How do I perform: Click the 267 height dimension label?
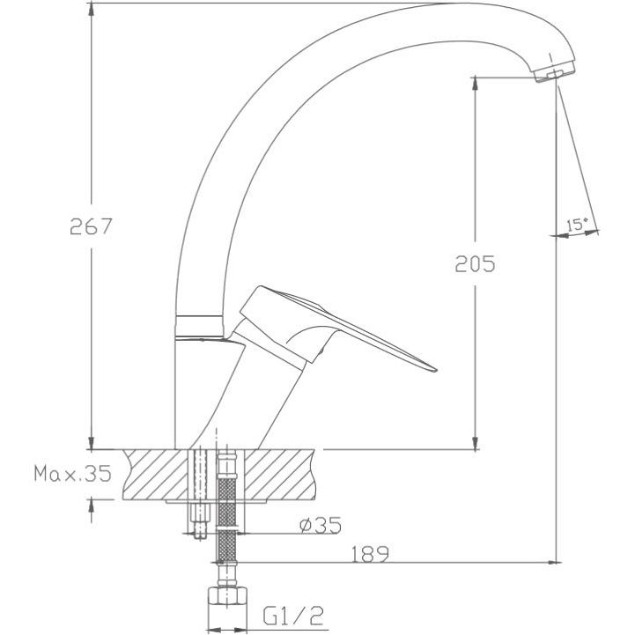point(91,226)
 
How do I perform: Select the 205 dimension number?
point(475,263)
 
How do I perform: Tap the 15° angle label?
point(577,224)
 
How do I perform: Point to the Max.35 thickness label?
point(72,473)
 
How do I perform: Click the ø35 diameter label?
point(321,525)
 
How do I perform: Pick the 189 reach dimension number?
point(369,554)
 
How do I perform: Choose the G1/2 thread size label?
point(293,616)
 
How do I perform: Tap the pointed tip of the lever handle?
point(435,369)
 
